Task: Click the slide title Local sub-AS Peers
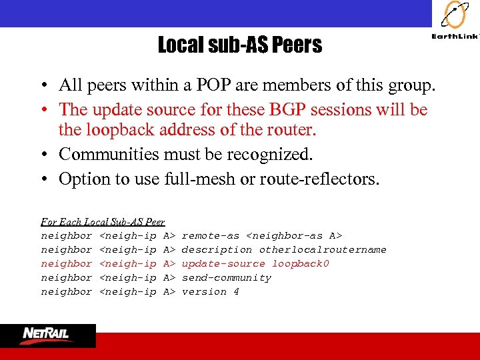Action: point(239,45)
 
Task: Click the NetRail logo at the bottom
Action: point(47,335)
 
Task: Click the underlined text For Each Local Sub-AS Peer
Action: point(103,221)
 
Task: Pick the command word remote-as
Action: point(210,235)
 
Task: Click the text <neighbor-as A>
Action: point(294,235)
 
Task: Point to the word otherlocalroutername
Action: point(323,249)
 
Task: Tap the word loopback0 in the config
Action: point(301,263)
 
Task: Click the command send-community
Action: point(227,277)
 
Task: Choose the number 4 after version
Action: point(236,291)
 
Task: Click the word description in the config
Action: point(217,249)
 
